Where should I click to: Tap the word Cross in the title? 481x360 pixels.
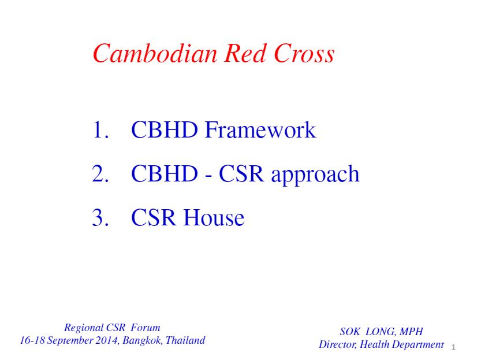[x=304, y=54]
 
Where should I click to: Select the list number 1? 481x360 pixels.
[x=99, y=130]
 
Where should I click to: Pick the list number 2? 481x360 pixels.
[x=99, y=174]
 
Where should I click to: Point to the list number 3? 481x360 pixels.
[x=99, y=218]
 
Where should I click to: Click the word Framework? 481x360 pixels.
[x=261, y=130]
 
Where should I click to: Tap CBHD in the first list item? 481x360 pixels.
[x=164, y=130]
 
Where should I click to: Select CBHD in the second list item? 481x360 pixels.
[x=164, y=174]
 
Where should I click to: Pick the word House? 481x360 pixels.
[x=214, y=218]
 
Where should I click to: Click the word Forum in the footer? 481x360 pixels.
[x=146, y=328]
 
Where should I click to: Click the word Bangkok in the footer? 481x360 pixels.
[x=143, y=341]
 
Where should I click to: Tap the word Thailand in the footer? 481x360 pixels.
[x=185, y=340]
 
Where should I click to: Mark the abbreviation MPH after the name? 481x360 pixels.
[x=411, y=332]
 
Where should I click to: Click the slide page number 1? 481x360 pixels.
[x=453, y=347]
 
